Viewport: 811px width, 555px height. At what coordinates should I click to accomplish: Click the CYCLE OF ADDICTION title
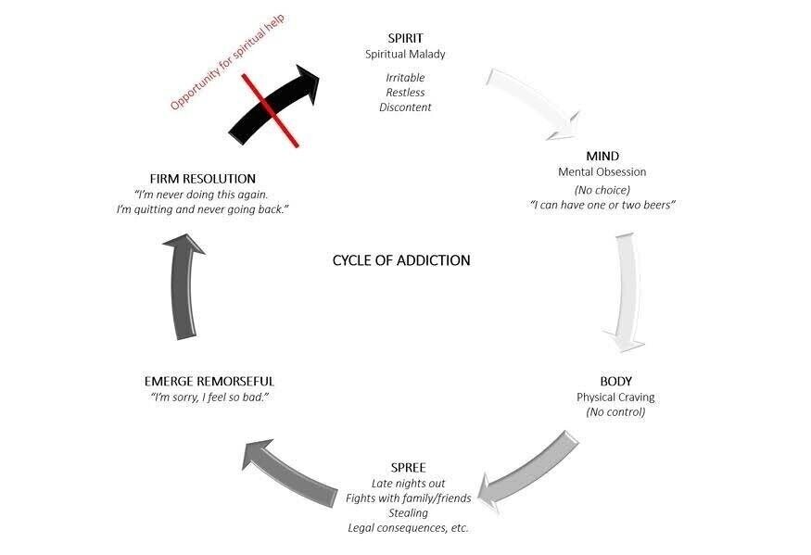[401, 260]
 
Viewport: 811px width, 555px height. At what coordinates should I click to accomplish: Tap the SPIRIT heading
[405, 38]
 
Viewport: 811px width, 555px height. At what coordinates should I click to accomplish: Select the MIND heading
[602, 156]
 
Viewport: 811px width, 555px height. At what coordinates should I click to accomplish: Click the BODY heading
[615, 381]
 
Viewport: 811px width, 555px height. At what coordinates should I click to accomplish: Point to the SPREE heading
[408, 467]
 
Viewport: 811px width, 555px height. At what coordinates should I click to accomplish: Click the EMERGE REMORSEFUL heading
[209, 381]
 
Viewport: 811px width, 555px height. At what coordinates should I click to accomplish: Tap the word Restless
[405, 92]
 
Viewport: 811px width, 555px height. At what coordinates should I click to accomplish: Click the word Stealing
[408, 512]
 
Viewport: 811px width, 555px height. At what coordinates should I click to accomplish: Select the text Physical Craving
[615, 397]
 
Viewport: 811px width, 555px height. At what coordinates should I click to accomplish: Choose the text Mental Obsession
[602, 171]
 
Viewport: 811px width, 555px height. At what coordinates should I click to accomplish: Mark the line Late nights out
[408, 483]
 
